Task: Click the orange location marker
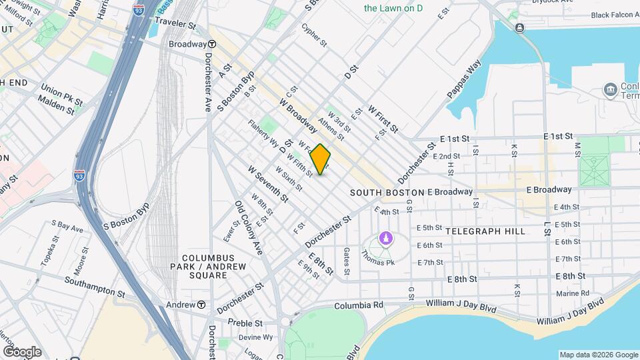click(x=321, y=159)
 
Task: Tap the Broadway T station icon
click(x=212, y=44)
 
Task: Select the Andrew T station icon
click(x=201, y=305)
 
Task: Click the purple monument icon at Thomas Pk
click(x=385, y=237)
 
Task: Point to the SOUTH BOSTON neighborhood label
click(x=387, y=192)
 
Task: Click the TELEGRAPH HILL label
click(x=485, y=231)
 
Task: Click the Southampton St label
click(x=95, y=287)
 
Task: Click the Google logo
click(x=22, y=351)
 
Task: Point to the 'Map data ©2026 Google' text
click(x=598, y=355)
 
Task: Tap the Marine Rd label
click(x=573, y=293)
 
